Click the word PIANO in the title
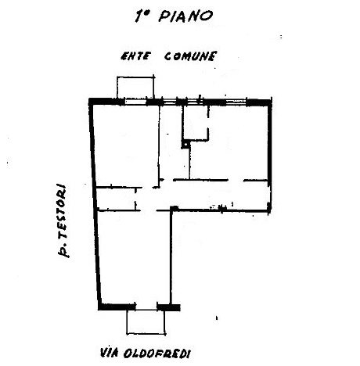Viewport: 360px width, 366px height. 185,16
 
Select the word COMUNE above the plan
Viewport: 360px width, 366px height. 190,56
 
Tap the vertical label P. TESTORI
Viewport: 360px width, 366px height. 63,221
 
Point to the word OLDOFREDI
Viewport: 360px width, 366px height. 156,354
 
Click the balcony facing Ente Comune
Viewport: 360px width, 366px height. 135,87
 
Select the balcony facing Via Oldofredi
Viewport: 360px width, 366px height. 146,322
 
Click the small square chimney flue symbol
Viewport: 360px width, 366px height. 185,144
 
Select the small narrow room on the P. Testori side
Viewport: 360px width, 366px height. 116,199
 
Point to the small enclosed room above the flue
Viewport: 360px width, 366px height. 196,122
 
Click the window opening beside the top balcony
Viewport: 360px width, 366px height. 135,102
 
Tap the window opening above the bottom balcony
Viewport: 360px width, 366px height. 146,307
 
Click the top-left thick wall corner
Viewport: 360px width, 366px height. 91,101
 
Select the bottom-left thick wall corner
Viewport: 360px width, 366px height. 101,307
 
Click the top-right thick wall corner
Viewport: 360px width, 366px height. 269,102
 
